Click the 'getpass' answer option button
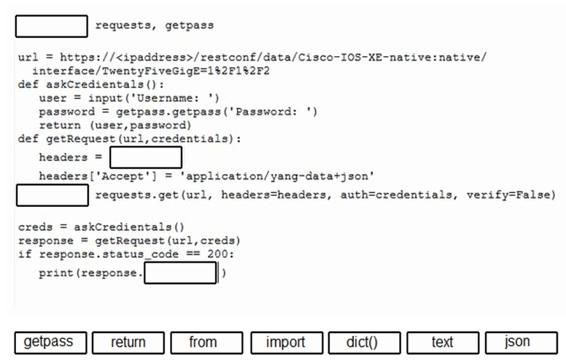point(50,343)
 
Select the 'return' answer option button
point(128,343)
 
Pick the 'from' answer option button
point(206,343)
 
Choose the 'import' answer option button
point(287,343)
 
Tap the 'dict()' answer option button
point(364,343)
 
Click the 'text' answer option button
point(443,343)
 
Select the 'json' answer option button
point(522,343)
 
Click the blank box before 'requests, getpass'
point(52,26)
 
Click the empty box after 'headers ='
point(146,157)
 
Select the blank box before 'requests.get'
point(53,195)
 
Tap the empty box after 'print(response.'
point(180,273)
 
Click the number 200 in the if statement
point(217,254)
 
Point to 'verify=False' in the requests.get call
point(511,195)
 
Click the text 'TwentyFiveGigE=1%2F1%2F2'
point(185,71)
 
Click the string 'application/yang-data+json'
point(277,176)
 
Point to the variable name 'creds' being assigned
point(35,227)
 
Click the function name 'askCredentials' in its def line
point(95,85)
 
